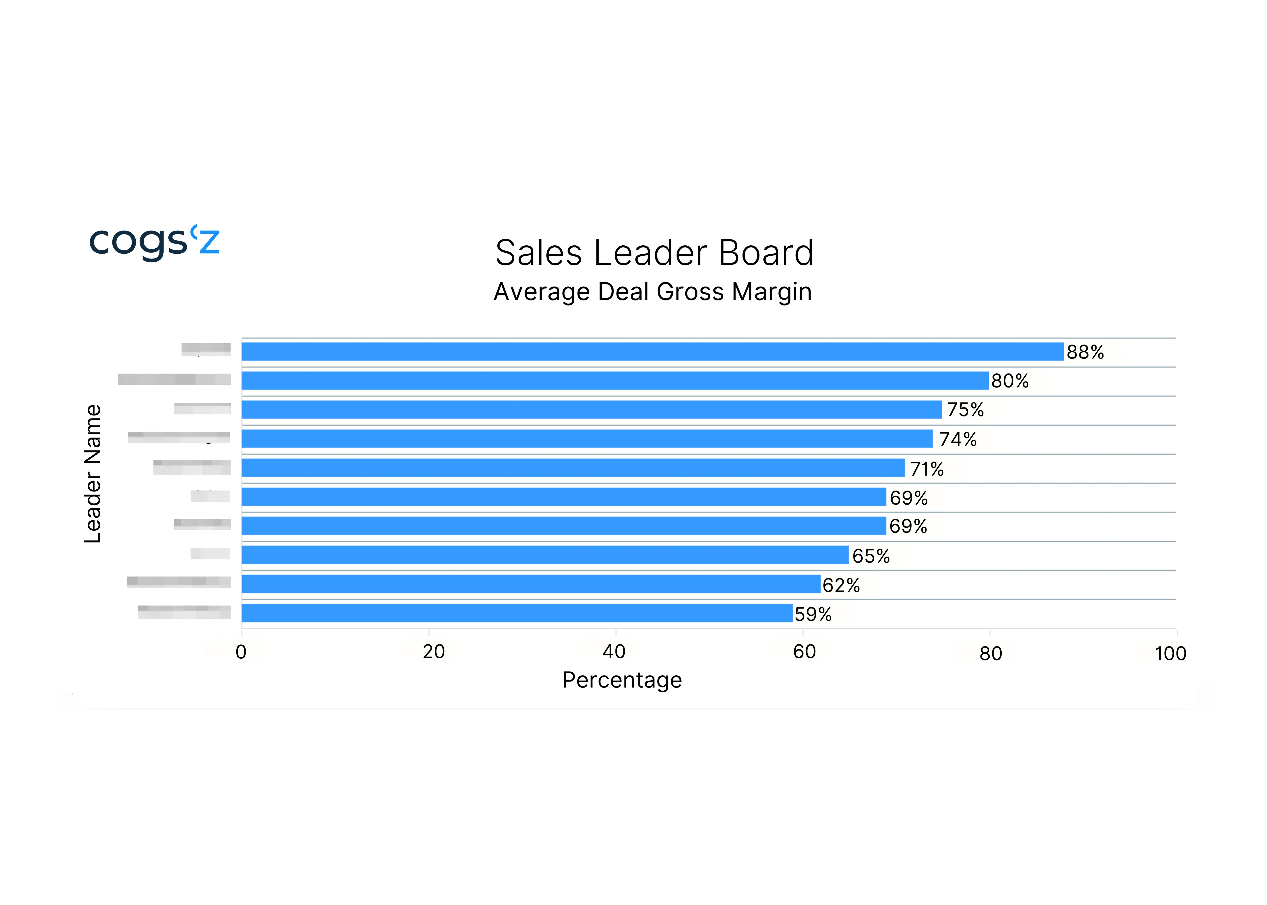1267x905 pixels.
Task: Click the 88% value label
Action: (1085, 352)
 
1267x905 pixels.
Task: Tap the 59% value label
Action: (813, 614)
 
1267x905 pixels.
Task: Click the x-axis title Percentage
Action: (622, 680)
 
